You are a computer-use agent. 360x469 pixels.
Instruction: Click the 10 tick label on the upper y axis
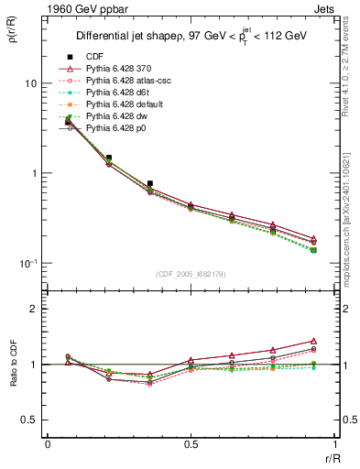29,83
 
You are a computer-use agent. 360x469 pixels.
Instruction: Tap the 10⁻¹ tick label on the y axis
27,263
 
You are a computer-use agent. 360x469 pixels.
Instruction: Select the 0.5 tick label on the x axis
191,444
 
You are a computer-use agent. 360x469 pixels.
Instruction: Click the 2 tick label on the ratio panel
33,310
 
